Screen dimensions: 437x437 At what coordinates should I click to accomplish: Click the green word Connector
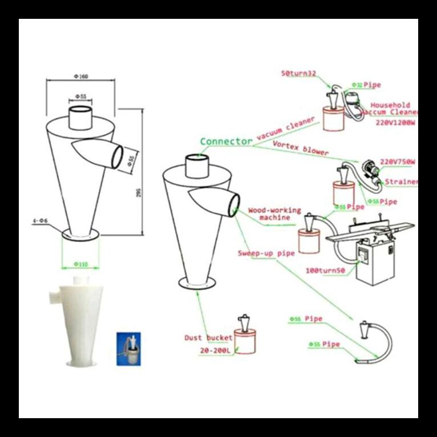(x=226, y=141)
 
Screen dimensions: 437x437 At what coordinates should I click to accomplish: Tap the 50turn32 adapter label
(x=297, y=74)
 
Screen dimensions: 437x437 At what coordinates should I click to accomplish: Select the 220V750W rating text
(x=397, y=162)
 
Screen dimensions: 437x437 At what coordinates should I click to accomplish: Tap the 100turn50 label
(x=326, y=272)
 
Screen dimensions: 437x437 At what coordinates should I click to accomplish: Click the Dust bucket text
(x=208, y=338)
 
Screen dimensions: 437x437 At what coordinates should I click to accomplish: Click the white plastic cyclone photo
(x=75, y=321)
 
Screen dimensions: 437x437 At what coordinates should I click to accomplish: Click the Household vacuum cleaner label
(x=390, y=109)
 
